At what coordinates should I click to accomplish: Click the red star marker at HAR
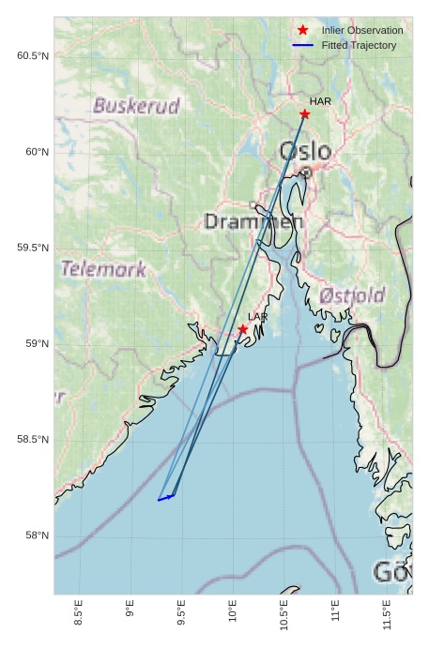[x=304, y=114]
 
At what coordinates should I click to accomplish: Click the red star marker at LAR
[x=243, y=329]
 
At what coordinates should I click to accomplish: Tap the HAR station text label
[x=321, y=101]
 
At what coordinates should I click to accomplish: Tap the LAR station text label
[x=258, y=317]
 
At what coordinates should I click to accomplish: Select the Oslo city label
[x=305, y=152]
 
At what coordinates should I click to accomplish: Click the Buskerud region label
[x=136, y=106]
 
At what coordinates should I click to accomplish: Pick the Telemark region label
[x=103, y=270]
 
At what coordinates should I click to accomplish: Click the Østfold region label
[x=352, y=295]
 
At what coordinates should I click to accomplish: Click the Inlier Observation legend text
[x=362, y=30]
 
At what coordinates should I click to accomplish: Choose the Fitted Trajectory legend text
[x=359, y=45]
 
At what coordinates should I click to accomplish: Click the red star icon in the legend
[x=302, y=30]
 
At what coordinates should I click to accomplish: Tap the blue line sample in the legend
[x=302, y=45]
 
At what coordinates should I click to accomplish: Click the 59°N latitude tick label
[x=36, y=344]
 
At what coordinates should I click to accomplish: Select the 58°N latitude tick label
[x=36, y=535]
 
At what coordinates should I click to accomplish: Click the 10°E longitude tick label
[x=233, y=614]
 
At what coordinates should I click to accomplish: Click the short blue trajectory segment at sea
[x=166, y=498]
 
